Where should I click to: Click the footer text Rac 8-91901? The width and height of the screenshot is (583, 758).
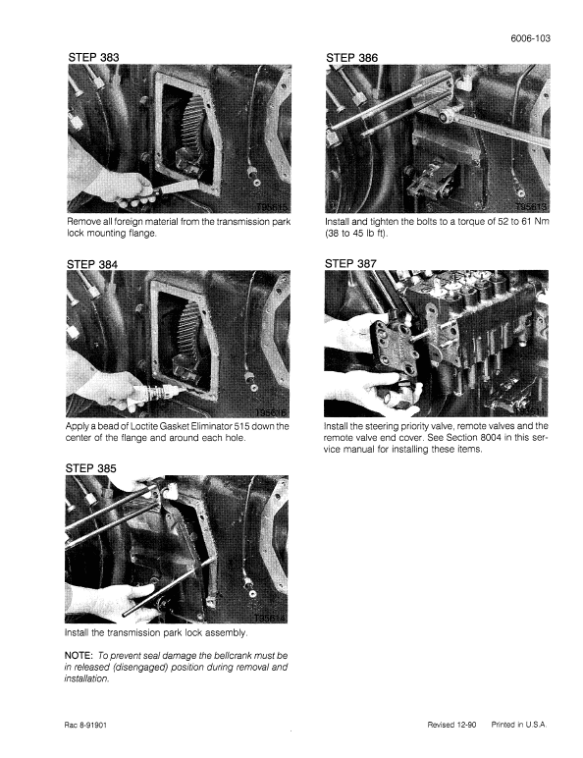click(88, 725)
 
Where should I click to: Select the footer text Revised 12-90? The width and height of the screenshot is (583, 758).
click(454, 725)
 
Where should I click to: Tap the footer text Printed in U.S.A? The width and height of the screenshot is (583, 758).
click(519, 725)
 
